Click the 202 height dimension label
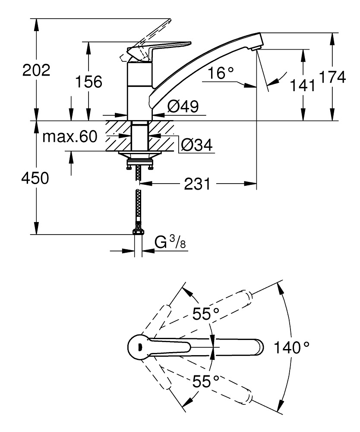pos(36,70)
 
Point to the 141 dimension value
pos(302,86)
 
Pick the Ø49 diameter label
pos(183,107)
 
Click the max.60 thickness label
pos(70,137)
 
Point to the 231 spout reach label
pos(197,184)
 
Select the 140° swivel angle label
pos(292,346)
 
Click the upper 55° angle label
pos(206,314)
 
